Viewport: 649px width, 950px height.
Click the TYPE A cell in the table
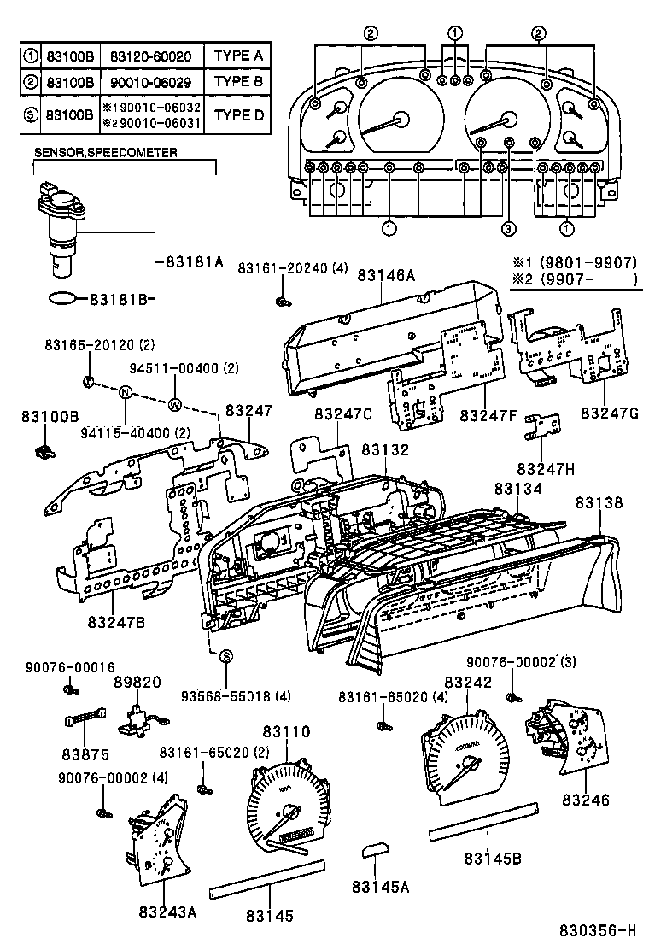coord(238,56)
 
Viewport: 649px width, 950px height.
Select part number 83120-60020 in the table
coord(151,56)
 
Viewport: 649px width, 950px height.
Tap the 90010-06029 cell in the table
coord(151,83)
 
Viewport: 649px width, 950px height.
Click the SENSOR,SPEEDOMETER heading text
coord(105,152)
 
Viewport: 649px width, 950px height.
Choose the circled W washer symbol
coord(175,404)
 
